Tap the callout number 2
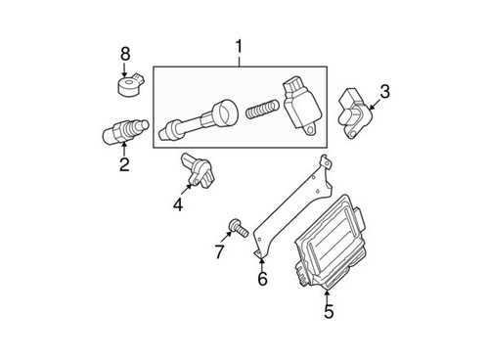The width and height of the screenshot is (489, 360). [124, 165]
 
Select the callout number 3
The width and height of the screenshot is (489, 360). [384, 92]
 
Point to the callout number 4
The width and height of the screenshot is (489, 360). [178, 204]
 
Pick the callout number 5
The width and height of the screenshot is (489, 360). [328, 312]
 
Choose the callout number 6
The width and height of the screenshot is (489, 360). [262, 280]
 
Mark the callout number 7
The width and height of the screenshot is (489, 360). [219, 252]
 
